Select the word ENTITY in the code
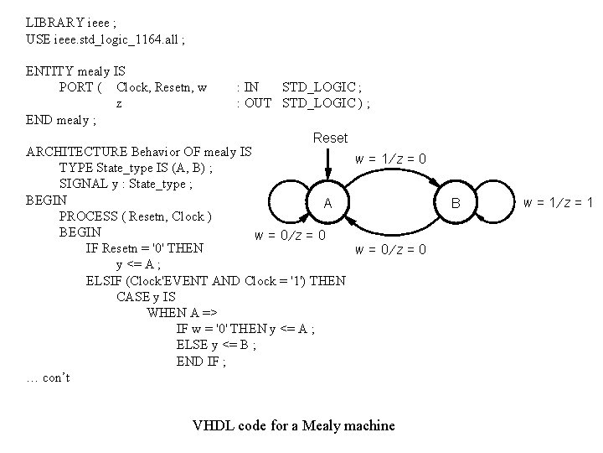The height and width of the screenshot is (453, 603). pos(49,71)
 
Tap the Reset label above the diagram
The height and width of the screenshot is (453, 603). pos(329,138)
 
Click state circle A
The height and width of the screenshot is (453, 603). pos(328,203)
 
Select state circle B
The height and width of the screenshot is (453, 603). pos(456,203)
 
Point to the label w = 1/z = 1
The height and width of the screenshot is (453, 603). pos(558,202)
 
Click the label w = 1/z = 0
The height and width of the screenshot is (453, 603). pos(391,159)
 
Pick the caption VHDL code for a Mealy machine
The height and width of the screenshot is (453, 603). pos(293,425)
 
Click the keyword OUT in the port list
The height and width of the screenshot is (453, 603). pos(257,103)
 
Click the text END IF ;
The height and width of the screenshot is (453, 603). pos(201,362)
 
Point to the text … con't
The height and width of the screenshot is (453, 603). pos(49,377)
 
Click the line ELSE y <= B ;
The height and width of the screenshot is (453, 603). pos(216,345)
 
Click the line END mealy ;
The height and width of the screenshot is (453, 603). pos(61,120)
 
